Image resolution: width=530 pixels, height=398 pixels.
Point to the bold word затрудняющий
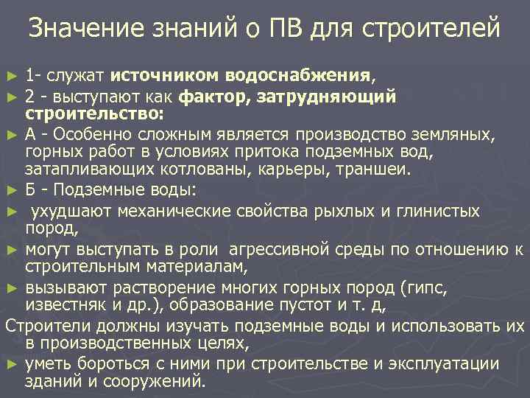pos(337,97)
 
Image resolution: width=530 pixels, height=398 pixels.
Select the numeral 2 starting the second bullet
pos(29,97)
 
